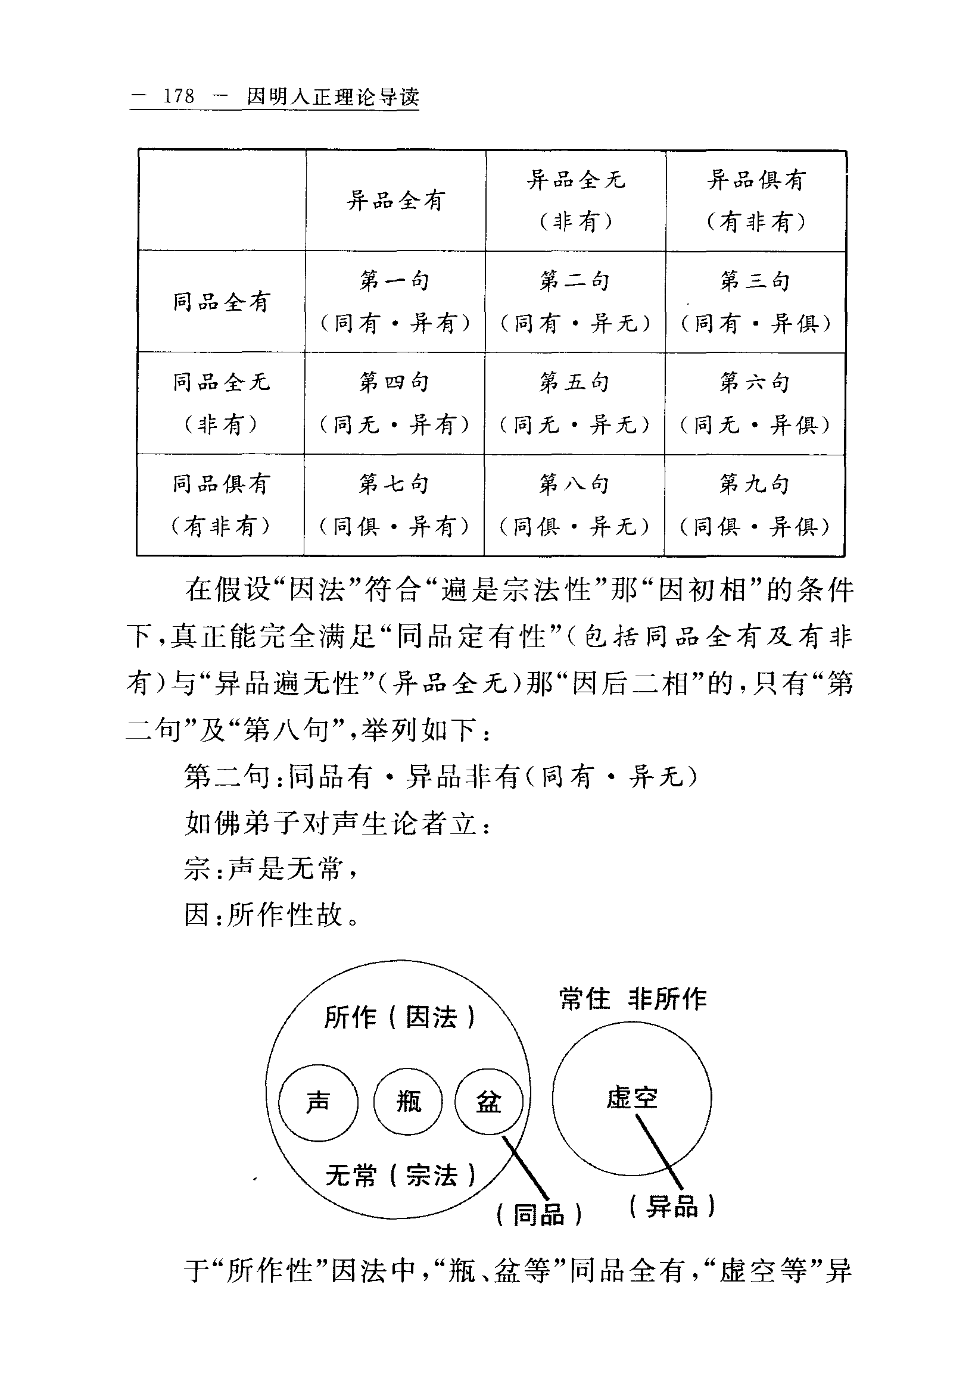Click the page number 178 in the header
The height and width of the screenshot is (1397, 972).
tap(178, 97)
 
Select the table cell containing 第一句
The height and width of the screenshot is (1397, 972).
tap(395, 301)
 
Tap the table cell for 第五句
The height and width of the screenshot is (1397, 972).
tap(575, 403)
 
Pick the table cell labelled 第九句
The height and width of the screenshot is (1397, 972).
tap(755, 504)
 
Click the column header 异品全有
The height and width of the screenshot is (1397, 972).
tap(395, 200)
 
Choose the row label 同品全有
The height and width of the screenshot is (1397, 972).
tap(222, 302)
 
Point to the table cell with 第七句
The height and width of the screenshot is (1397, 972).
tap(394, 504)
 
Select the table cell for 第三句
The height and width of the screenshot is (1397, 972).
tap(755, 301)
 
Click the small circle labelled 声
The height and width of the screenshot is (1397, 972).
tap(317, 1102)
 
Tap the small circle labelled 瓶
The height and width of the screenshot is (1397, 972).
tap(408, 1101)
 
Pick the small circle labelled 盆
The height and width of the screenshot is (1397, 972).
tap(488, 1101)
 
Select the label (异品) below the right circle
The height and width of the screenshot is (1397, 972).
tap(672, 1205)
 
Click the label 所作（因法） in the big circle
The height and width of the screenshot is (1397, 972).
tap(399, 1017)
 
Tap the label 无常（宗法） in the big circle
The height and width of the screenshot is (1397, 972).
tap(400, 1175)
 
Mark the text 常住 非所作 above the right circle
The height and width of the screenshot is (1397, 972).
tap(633, 998)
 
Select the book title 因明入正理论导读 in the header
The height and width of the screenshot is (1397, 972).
tap(333, 97)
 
